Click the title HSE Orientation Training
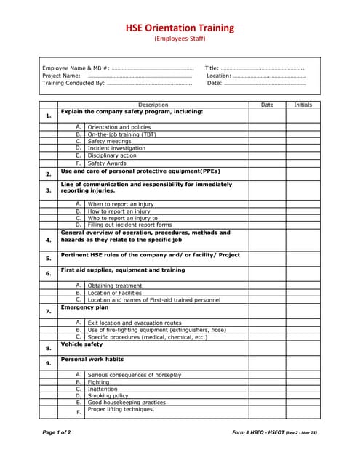(180, 28)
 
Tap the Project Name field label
(61, 76)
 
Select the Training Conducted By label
(73, 83)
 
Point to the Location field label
(219, 76)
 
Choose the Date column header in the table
(267, 105)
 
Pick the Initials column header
(303, 105)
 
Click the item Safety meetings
(109, 141)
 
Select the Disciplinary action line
(112, 155)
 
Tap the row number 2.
(48, 174)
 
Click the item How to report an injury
(119, 211)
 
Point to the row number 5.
(48, 258)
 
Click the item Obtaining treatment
(115, 286)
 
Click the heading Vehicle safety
(81, 344)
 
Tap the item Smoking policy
(108, 395)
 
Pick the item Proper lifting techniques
(121, 409)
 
